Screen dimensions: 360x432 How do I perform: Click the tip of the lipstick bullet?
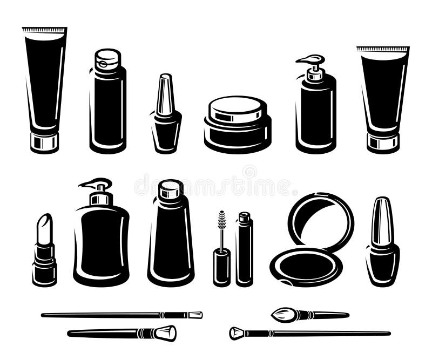point(45,218)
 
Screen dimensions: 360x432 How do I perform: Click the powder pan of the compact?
point(306,267)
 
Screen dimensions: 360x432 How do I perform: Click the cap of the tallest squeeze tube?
point(44,142)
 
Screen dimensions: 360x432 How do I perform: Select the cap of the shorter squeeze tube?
point(383,142)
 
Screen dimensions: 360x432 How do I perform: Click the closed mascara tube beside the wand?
point(244,251)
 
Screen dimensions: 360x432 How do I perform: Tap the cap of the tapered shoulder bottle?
point(171,189)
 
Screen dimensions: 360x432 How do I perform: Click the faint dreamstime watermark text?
point(216,186)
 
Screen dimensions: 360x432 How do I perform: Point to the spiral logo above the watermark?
point(249,172)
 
